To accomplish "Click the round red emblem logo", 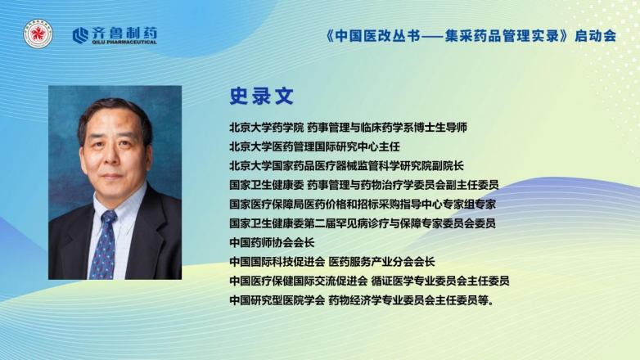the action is tap(38, 34).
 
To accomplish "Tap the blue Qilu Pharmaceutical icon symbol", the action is tap(80, 35).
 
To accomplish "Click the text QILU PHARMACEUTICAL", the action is tap(124, 42).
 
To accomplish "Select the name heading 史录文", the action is tap(262, 97).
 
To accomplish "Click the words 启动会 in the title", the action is tap(596, 36).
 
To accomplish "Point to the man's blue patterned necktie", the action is tap(104, 244).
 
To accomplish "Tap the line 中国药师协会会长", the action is tap(272, 243).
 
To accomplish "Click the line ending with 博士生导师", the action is tap(348, 128).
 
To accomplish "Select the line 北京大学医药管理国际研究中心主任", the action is tap(315, 147).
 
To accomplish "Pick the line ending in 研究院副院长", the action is tap(346, 166).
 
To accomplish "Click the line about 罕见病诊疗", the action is tap(363, 223).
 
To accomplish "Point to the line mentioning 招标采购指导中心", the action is tap(363, 205).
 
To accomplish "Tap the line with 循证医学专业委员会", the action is tap(369, 281).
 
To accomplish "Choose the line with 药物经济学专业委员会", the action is tap(362, 301).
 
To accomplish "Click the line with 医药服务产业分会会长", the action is tap(332, 262).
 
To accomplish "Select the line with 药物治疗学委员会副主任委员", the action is tap(364, 185).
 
